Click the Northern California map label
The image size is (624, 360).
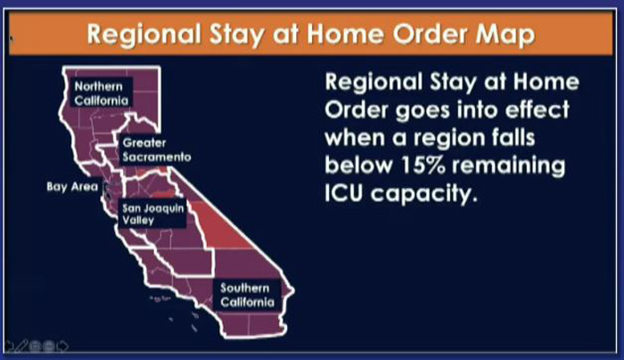tap(102, 93)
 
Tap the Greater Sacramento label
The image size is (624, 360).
tap(156, 150)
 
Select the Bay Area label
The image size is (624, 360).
tap(72, 186)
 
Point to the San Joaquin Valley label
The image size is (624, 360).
tap(152, 214)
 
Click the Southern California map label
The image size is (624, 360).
tap(247, 295)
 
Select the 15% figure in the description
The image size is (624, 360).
tap(423, 166)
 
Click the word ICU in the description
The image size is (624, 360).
tap(344, 193)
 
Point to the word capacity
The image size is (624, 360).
tap(423, 195)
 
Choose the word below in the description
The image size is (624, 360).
tap(359, 166)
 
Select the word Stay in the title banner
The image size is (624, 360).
tap(236, 35)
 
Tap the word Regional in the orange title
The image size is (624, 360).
tap(144, 35)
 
